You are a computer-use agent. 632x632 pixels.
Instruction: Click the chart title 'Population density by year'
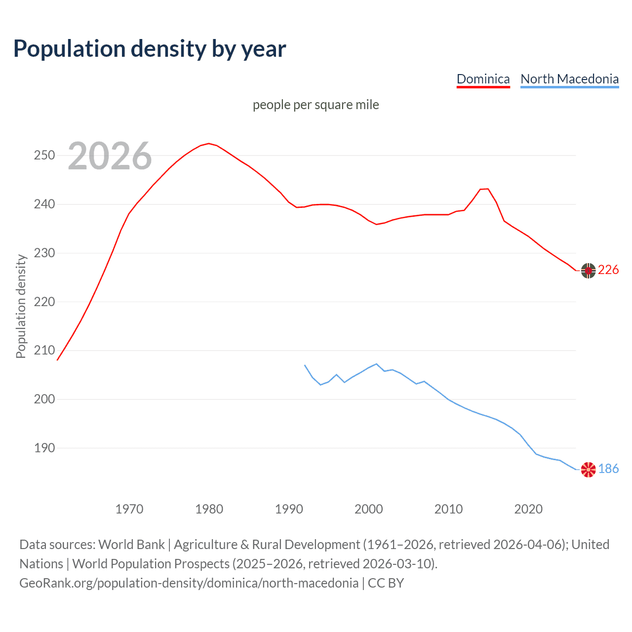click(x=150, y=49)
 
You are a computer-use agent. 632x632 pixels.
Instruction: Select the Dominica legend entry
click(x=483, y=79)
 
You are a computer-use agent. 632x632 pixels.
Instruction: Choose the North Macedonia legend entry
click(x=569, y=79)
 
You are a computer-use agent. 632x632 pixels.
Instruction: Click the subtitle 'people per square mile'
click(x=316, y=105)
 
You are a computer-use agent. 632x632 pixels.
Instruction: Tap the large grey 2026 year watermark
click(x=110, y=156)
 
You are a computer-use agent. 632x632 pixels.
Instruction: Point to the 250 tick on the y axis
click(x=44, y=156)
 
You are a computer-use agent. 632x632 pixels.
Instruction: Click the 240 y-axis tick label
click(x=44, y=204)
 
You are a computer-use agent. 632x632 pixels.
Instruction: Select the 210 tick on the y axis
click(x=44, y=351)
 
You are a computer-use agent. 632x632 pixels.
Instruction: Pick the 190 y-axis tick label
click(x=44, y=448)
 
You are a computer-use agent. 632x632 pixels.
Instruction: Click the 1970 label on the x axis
click(x=129, y=509)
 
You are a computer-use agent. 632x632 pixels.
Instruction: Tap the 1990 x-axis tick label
click(x=289, y=509)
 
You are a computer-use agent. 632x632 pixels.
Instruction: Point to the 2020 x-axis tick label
click(x=528, y=509)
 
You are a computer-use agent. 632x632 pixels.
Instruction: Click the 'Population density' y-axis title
click(x=21, y=306)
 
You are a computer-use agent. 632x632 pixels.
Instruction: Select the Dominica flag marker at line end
click(x=588, y=271)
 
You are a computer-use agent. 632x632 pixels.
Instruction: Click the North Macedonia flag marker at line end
click(x=588, y=470)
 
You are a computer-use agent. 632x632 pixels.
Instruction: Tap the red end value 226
click(x=608, y=270)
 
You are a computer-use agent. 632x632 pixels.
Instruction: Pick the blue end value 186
click(x=608, y=469)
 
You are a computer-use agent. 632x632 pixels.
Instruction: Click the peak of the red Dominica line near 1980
click(x=209, y=144)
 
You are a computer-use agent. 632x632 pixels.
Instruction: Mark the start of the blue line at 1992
click(x=305, y=365)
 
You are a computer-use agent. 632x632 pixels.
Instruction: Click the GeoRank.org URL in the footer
click(x=189, y=583)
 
